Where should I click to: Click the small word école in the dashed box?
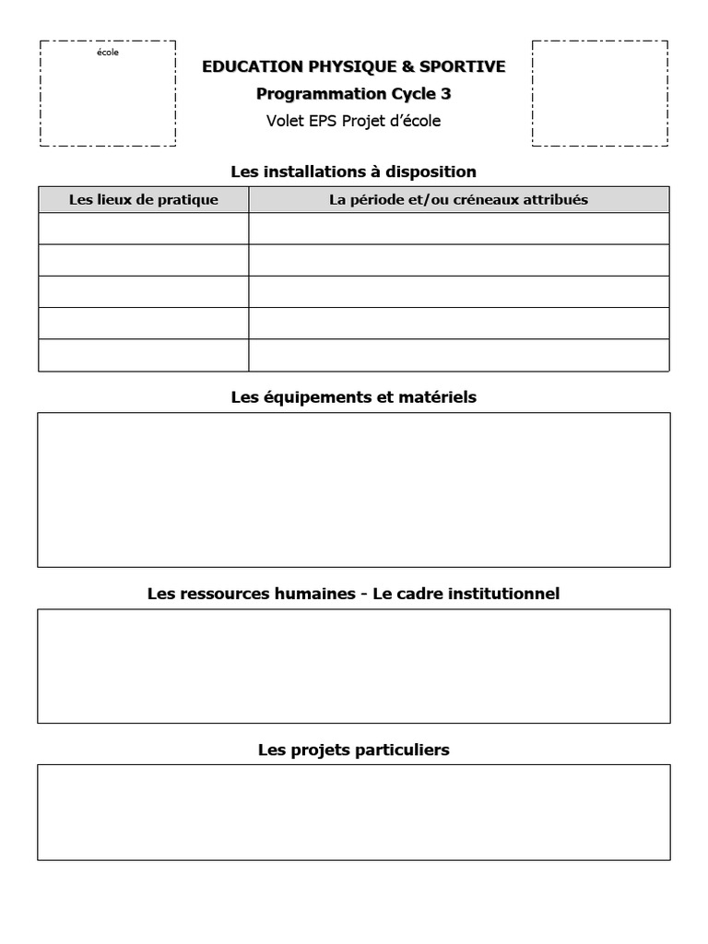coord(108,53)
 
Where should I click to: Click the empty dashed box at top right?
coord(599,93)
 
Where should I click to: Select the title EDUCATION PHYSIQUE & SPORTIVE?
coord(354,66)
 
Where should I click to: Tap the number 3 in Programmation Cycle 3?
coord(446,94)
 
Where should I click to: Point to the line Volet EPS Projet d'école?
coord(354,121)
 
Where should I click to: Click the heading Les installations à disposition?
coord(354,171)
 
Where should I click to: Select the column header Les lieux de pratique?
coord(144,200)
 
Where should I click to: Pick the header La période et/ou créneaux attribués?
coord(458,200)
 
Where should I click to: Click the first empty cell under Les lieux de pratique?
coord(144,229)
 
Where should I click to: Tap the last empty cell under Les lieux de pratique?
coord(144,355)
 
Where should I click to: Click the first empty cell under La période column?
coord(458,229)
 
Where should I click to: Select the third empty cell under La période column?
coord(458,291)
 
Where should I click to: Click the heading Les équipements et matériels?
coord(354,397)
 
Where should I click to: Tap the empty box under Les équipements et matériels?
coord(354,490)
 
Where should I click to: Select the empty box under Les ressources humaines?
coord(354,666)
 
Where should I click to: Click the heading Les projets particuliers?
coord(354,750)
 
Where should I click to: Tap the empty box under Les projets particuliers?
coord(354,812)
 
